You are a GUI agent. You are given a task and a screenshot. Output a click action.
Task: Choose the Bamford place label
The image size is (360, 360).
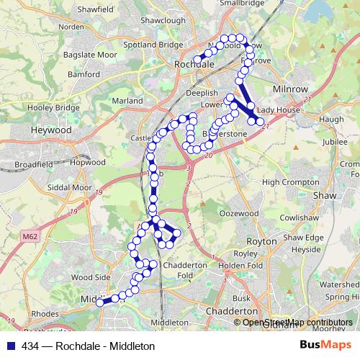click(84, 74)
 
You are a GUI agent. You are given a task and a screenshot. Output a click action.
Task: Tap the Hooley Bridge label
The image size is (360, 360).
click(55, 108)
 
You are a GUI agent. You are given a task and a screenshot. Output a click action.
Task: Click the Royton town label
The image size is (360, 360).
click(261, 242)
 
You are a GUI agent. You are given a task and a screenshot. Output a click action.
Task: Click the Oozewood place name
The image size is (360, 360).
click(238, 213)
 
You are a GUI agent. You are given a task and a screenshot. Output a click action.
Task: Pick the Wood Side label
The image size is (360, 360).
click(91, 276)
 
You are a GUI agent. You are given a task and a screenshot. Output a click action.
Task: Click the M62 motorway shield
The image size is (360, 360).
click(30, 235)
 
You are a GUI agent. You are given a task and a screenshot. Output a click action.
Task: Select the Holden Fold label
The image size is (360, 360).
click(241, 265)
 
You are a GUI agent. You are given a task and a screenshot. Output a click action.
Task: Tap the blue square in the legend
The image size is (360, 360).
click(13, 346)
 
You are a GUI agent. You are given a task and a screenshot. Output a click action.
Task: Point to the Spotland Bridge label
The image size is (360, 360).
click(151, 45)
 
